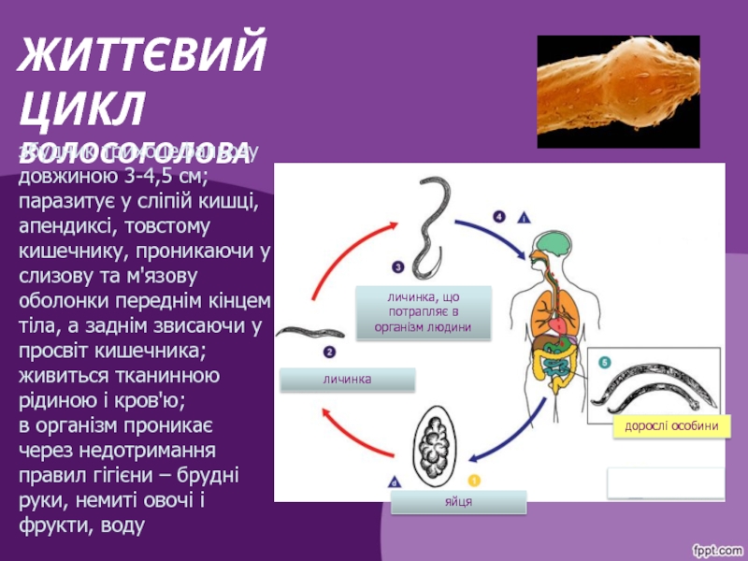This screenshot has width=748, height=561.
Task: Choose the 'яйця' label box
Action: click(458, 502)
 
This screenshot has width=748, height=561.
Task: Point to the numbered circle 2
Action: click(330, 352)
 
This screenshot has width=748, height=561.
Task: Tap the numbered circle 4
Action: click(499, 218)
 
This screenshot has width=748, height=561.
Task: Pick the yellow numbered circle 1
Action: click(474, 481)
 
